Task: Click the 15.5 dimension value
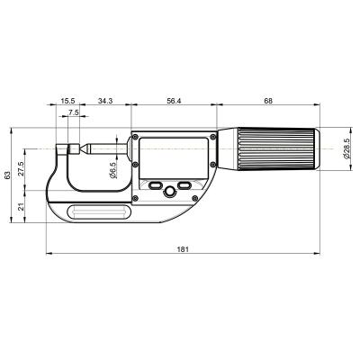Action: [68, 102]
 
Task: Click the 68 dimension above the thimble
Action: [268, 102]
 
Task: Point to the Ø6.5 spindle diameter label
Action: [113, 168]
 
